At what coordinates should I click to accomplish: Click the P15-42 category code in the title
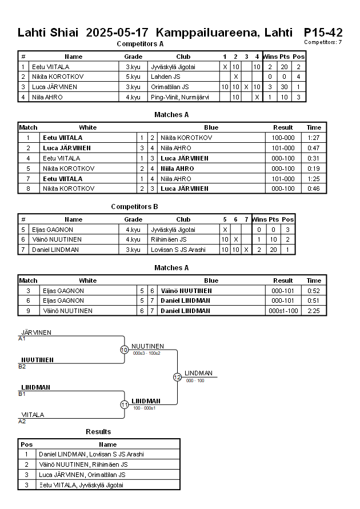click(x=323, y=32)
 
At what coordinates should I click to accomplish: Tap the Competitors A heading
click(x=140, y=44)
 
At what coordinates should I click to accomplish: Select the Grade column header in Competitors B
click(x=133, y=219)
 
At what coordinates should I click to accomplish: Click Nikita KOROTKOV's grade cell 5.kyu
click(x=133, y=77)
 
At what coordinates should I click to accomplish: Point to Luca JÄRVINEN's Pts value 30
click(x=284, y=87)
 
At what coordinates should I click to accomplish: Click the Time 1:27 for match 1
click(x=314, y=138)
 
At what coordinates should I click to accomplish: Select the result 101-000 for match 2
click(x=283, y=148)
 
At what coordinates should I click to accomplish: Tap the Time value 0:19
click(x=314, y=169)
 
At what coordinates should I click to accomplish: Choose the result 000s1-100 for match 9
click(x=283, y=311)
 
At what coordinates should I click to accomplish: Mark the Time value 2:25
click(x=314, y=311)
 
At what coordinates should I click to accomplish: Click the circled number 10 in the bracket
click(x=124, y=350)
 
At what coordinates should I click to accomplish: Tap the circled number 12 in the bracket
click(x=177, y=377)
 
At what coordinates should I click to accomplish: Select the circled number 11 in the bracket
click(x=124, y=404)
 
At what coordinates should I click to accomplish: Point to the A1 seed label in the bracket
click(x=22, y=339)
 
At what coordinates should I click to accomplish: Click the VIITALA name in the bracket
click(x=33, y=415)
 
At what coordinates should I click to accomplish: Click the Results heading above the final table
click(x=98, y=432)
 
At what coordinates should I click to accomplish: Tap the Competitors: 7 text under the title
click(x=323, y=42)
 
